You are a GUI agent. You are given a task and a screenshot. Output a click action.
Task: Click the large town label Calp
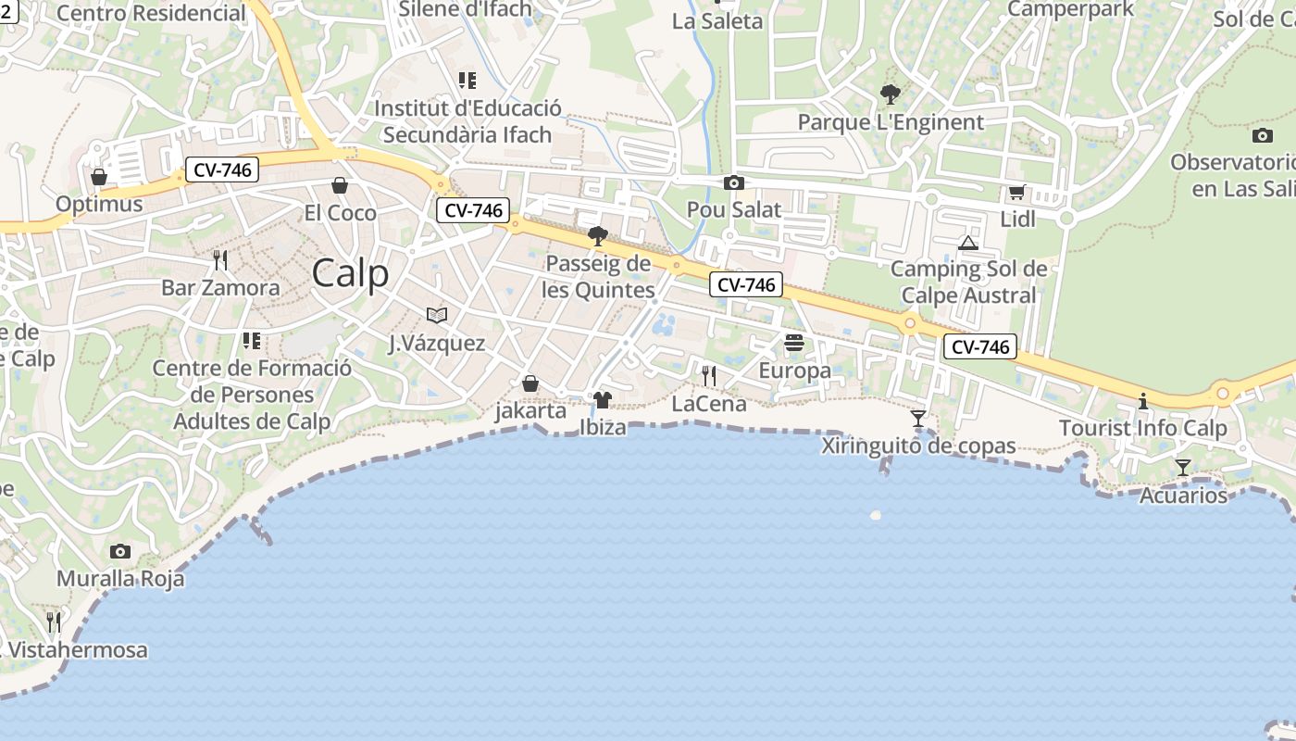pyautogui.click(x=350, y=273)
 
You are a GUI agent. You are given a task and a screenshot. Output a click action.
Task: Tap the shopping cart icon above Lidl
pyautogui.click(x=1016, y=193)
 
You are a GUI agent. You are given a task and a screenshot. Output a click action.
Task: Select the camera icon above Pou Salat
pyautogui.click(x=734, y=182)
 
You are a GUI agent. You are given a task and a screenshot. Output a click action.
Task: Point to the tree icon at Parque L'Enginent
pyautogui.click(x=891, y=94)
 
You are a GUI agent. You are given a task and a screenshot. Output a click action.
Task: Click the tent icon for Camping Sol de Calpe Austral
pyautogui.click(x=968, y=243)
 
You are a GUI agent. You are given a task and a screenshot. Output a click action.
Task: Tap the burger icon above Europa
pyautogui.click(x=794, y=344)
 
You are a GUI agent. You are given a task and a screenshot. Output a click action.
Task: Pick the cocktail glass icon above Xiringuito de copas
pyautogui.click(x=918, y=419)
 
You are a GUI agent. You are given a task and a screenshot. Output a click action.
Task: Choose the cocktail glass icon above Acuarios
pyautogui.click(x=1183, y=467)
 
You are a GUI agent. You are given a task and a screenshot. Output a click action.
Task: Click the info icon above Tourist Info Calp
pyautogui.click(x=1143, y=401)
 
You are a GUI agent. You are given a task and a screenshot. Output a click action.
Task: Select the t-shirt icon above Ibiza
pyautogui.click(x=603, y=400)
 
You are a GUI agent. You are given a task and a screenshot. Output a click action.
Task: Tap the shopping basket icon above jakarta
pyautogui.click(x=530, y=383)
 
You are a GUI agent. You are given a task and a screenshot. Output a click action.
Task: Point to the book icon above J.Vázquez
pyautogui.click(x=437, y=315)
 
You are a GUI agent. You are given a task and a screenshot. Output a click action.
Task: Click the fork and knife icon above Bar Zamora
pyautogui.click(x=220, y=259)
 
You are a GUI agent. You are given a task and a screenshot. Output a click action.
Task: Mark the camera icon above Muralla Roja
pyautogui.click(x=120, y=551)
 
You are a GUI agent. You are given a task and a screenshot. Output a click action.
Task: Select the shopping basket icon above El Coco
pyautogui.click(x=340, y=185)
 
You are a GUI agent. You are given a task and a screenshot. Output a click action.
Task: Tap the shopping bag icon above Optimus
pyautogui.click(x=99, y=176)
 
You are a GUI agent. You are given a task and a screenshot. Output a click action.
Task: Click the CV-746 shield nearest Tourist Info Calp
pyautogui.click(x=980, y=347)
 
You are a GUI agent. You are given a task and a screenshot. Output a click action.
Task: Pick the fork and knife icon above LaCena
pyautogui.click(x=709, y=375)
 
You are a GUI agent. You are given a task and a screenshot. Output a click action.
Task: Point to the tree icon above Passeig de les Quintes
pyautogui.click(x=598, y=236)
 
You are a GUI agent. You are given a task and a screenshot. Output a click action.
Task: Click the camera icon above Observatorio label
pyautogui.click(x=1262, y=135)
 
